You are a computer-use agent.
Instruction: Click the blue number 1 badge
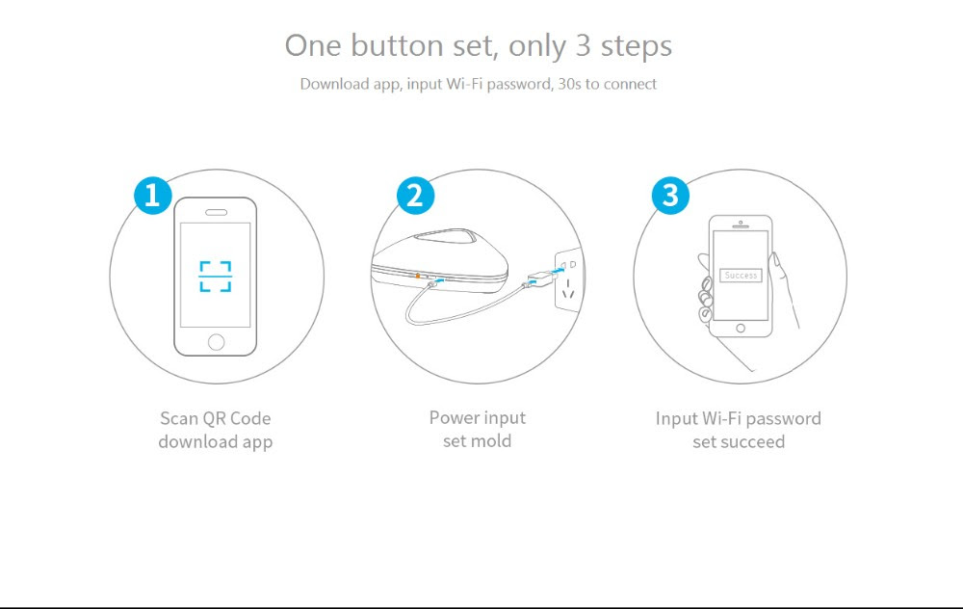[153, 196]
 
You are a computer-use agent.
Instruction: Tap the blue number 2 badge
[415, 196]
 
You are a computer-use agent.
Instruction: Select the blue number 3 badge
[670, 196]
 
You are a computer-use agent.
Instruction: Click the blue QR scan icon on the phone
[216, 277]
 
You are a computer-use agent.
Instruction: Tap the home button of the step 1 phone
[216, 342]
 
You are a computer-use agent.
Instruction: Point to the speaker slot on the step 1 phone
[216, 213]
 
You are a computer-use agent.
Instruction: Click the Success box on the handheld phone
[741, 276]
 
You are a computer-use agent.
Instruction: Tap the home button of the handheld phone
[741, 329]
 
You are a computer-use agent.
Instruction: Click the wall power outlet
[568, 279]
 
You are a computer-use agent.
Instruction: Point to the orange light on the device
[418, 276]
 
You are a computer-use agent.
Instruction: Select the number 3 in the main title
[583, 46]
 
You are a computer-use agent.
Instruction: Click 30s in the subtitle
[569, 84]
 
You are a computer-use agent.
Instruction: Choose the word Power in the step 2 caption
[452, 418]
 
